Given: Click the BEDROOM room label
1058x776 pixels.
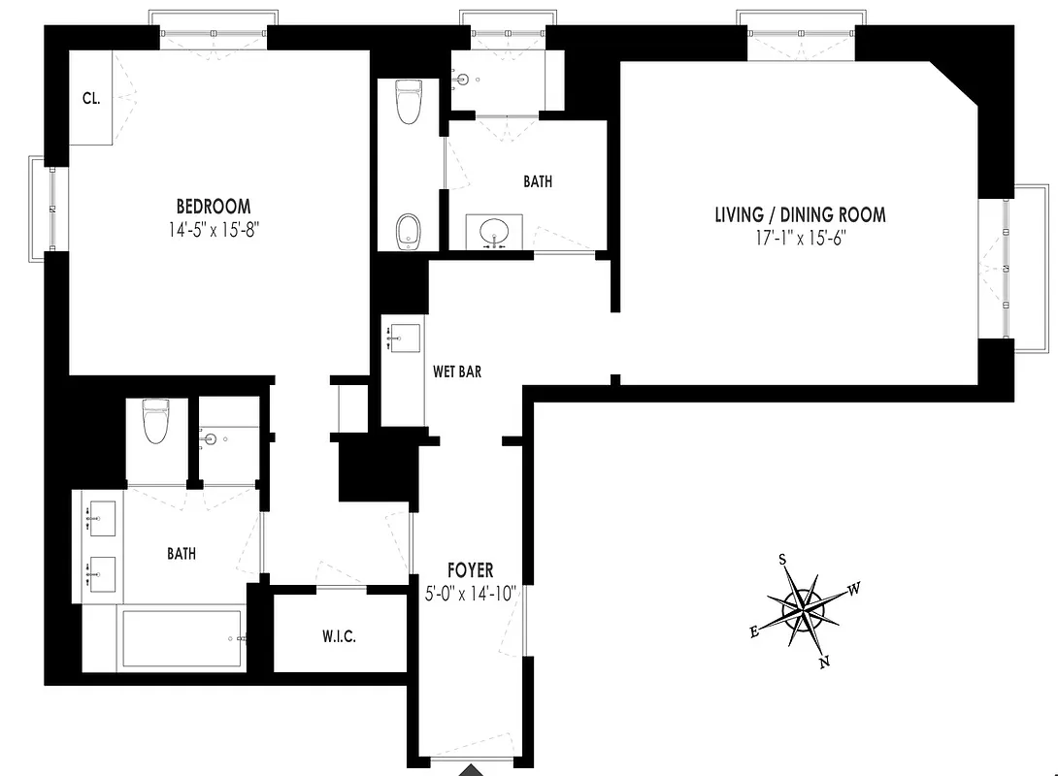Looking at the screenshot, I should (x=213, y=207).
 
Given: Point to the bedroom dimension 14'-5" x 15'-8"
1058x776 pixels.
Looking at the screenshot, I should (x=213, y=230).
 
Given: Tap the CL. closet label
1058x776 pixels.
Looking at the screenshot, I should (x=92, y=98).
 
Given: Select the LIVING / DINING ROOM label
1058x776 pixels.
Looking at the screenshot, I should (x=800, y=215).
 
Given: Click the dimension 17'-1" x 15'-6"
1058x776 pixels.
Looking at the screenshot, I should (x=800, y=239).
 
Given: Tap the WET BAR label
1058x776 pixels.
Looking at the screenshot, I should (x=456, y=371).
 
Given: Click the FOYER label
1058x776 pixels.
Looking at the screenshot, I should (x=470, y=570).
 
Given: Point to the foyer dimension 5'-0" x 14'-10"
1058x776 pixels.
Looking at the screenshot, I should (x=470, y=593).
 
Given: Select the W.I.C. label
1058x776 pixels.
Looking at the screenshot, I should (x=339, y=637).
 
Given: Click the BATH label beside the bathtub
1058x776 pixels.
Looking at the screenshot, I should (x=182, y=554).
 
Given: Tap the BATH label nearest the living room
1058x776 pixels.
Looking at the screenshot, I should (x=538, y=181).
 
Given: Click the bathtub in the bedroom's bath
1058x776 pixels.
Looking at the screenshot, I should (x=181, y=639).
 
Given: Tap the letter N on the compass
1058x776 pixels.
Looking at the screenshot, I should (x=825, y=663).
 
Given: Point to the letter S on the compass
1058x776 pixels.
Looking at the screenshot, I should (x=782, y=559).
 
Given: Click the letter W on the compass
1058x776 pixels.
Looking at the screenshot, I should (x=854, y=589).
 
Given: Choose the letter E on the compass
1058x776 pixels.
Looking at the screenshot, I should (x=753, y=631).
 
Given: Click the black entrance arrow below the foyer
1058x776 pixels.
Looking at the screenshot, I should (x=471, y=770).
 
